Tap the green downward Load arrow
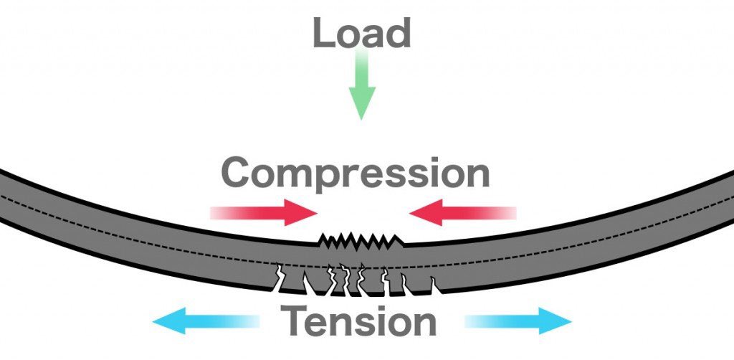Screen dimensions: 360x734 pos(362,90)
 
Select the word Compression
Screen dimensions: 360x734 pos(356,173)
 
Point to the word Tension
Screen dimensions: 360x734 pos(358,321)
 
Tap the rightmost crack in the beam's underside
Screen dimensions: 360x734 pos(433,285)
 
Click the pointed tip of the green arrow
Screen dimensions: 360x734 pos(362,116)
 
